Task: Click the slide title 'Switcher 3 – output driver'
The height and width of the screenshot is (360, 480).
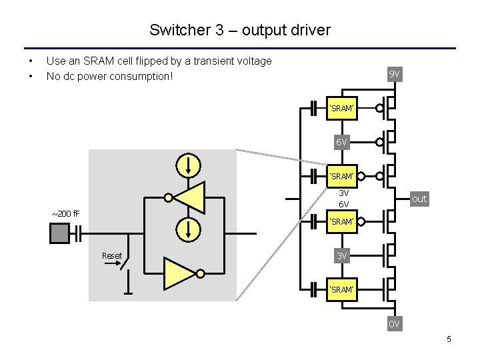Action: coord(239,30)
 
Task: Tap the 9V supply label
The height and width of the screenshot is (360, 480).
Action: coord(394,74)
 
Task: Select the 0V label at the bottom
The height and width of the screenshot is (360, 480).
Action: coord(394,324)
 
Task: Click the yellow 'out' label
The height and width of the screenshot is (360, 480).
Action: coord(419,199)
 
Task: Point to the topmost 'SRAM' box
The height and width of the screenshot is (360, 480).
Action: coord(342,107)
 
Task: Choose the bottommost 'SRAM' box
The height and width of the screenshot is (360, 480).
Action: coord(342,289)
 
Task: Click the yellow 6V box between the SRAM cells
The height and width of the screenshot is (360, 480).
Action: coord(342,142)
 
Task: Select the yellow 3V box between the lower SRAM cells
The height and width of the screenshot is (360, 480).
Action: coord(342,256)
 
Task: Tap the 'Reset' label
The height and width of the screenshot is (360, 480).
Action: coord(111,256)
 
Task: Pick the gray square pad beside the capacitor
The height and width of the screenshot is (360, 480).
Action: coord(59,233)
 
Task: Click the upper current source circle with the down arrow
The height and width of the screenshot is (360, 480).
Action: coord(189,163)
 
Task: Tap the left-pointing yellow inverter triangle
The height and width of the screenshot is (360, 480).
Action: coord(190,197)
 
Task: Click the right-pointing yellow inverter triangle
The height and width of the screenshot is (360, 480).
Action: coord(179,273)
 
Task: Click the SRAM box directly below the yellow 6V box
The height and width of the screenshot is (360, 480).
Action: coord(342,176)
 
